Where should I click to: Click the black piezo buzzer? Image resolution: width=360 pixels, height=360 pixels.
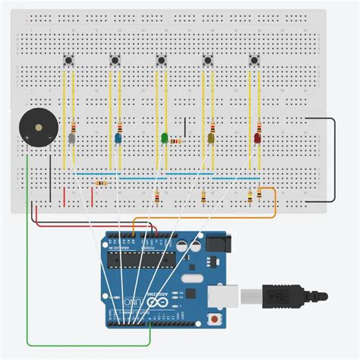point(36,126)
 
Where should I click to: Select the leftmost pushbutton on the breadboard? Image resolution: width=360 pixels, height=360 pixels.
point(70,60)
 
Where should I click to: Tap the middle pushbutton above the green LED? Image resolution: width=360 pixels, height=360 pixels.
point(161,60)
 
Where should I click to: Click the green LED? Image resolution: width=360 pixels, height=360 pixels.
point(164,138)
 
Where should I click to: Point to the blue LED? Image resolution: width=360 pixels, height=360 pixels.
point(118,139)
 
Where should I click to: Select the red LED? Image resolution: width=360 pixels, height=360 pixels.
point(257,139)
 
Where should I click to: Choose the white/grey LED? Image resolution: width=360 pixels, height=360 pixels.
point(71,139)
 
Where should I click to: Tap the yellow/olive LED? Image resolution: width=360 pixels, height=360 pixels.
point(211,139)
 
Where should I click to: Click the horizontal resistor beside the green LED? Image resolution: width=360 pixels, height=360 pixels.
point(176,141)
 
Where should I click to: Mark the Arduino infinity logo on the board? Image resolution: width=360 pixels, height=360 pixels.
point(158,304)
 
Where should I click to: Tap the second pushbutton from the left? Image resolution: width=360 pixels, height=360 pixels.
point(115,60)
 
